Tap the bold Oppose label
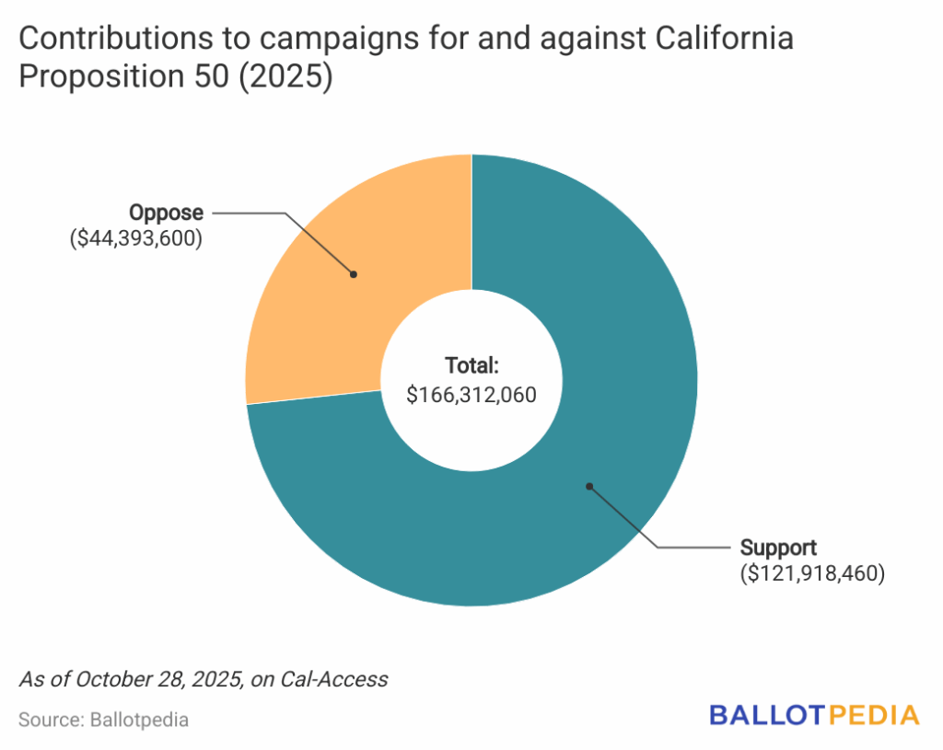point(166,213)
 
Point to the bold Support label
point(779,548)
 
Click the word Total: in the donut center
point(471,364)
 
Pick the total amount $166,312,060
point(471,394)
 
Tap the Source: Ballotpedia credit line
point(103,720)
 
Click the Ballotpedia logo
point(814,715)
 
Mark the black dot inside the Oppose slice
point(353,273)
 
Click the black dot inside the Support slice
point(589,485)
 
